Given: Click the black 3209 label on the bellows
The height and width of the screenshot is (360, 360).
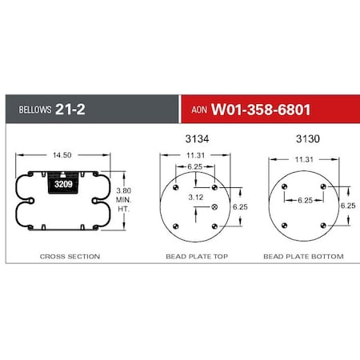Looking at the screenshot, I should (x=62, y=185).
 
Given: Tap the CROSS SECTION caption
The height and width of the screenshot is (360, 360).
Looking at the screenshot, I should (x=70, y=257).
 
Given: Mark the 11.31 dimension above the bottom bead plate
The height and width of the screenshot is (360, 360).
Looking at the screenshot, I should (x=306, y=159).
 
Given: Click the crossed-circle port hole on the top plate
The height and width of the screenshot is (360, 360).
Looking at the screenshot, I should (x=214, y=207).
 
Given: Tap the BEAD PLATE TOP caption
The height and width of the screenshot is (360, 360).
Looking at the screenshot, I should (x=195, y=257).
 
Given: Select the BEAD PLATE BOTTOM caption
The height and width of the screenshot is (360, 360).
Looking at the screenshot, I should (x=303, y=257).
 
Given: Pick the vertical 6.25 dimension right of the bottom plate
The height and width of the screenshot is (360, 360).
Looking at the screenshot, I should (x=347, y=206).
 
